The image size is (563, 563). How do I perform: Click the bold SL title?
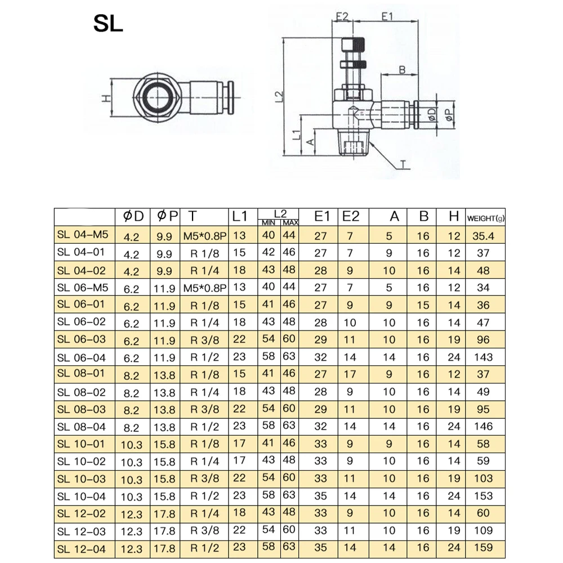[x=108, y=24]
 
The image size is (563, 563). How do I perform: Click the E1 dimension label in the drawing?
[x=387, y=16]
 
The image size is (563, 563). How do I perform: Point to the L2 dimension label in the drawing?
[x=279, y=96]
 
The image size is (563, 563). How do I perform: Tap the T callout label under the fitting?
[x=404, y=164]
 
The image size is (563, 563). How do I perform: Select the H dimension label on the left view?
[x=106, y=97]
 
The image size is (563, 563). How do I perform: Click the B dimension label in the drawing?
[x=402, y=70]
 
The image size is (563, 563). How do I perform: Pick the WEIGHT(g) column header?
[x=485, y=218]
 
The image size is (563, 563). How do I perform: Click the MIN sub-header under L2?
[x=269, y=222]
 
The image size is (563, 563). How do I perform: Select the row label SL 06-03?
[x=82, y=339]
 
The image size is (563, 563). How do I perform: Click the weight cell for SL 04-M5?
[x=483, y=236]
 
